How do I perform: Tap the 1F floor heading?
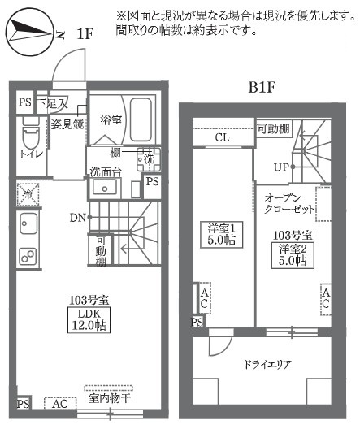(x=85, y=33)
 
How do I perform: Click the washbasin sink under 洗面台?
(x=105, y=187)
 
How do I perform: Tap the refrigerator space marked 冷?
(x=25, y=195)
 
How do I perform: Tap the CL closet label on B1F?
(x=222, y=138)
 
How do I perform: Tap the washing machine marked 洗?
(x=148, y=160)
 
